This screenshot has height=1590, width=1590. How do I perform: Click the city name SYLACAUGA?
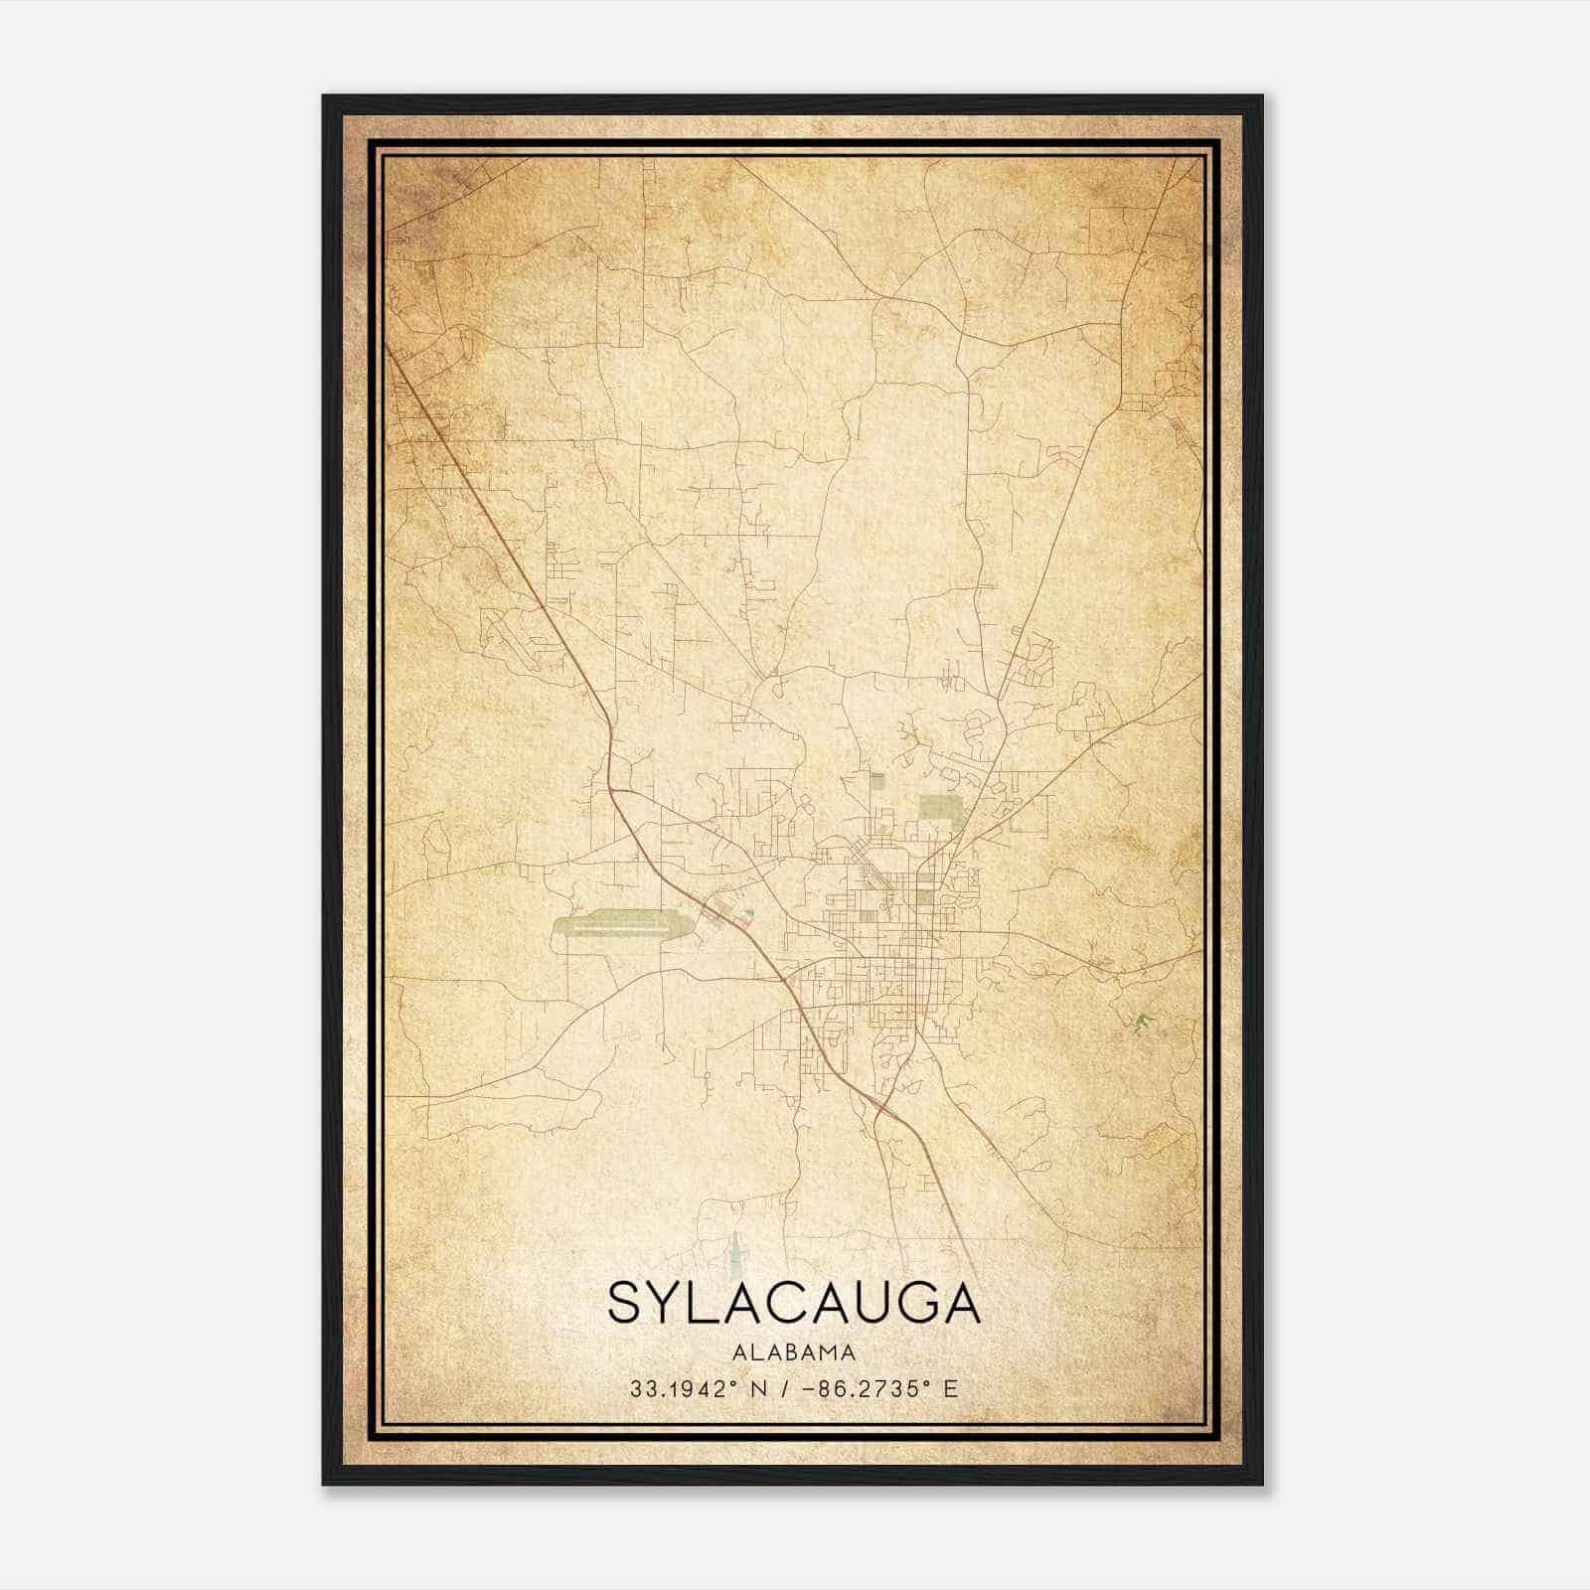pyautogui.click(x=793, y=1303)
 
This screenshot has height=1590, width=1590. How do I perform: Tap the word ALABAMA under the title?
pyautogui.click(x=793, y=1352)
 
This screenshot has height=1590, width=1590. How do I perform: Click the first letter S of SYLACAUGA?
pyautogui.click(x=623, y=1303)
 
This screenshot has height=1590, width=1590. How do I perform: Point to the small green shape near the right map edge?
pyautogui.click(x=1143, y=1021)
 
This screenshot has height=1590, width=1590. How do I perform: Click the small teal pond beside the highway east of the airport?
pyautogui.click(x=750, y=912)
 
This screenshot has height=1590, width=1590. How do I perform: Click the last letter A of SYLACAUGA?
pyautogui.click(x=963, y=1303)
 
